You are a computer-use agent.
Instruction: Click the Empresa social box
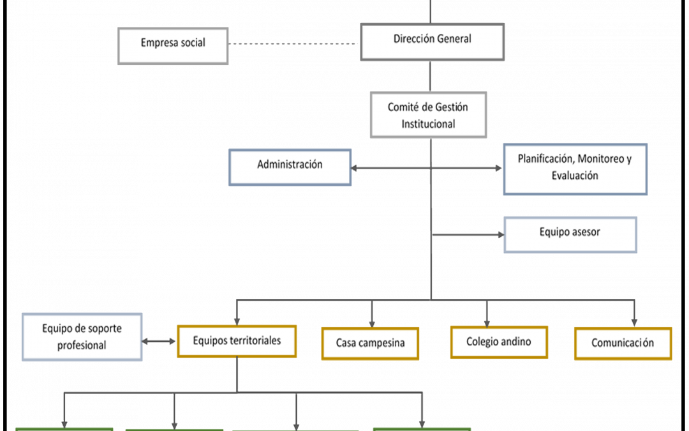pos(173,46)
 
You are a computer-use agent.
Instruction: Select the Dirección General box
pos(433,42)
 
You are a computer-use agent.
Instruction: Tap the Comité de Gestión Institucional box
pos(429,115)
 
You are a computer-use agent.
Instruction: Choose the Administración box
pos(290,167)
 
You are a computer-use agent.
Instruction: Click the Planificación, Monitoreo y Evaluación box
pos(575,169)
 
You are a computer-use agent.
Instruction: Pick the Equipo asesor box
pos(570,235)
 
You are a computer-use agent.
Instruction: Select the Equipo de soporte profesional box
pos(82,337)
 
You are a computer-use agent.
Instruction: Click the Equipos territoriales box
pos(237,341)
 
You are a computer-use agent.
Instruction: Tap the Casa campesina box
pos(370,344)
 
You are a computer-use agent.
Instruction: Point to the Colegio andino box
pos(499,342)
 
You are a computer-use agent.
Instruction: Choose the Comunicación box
pos(623,344)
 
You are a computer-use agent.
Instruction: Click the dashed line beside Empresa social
pos(293,44)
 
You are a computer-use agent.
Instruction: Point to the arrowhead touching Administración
pos(353,168)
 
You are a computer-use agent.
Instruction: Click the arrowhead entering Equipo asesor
pos(501,235)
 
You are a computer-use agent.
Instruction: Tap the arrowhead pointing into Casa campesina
pos(372,324)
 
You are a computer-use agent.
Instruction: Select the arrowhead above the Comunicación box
pos(634,323)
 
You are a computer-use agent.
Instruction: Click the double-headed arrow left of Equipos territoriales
pos(159,341)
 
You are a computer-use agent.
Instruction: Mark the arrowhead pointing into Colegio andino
pos(487,323)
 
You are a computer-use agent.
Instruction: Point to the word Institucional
pos(429,124)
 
